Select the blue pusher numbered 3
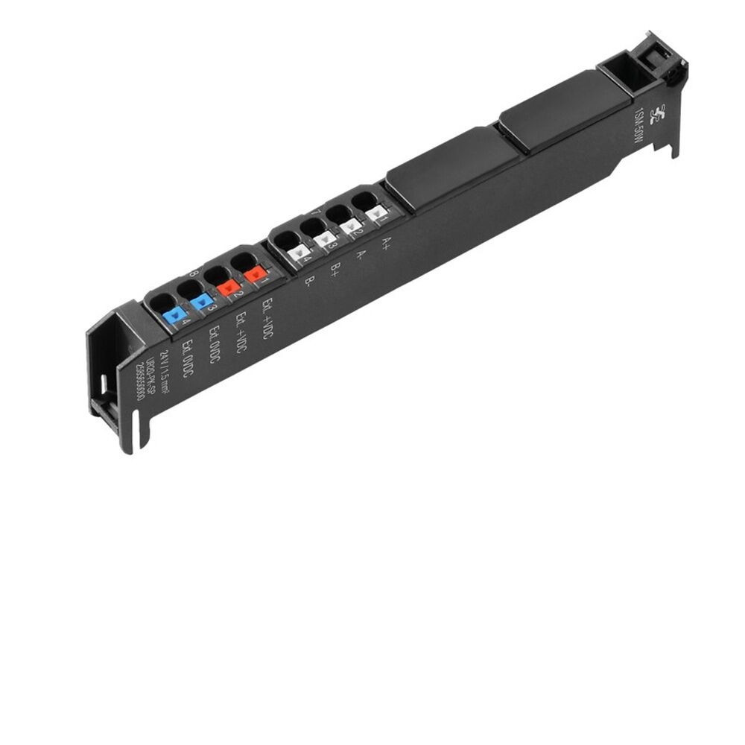[201, 301]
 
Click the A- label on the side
[361, 255]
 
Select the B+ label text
[335, 268]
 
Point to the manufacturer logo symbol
[656, 115]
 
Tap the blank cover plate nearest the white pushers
[453, 165]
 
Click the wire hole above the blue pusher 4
[163, 302]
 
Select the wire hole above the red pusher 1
[244, 263]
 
